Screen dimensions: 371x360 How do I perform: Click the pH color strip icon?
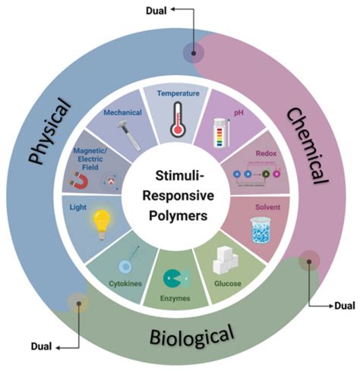pyautogui.click(x=226, y=134)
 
